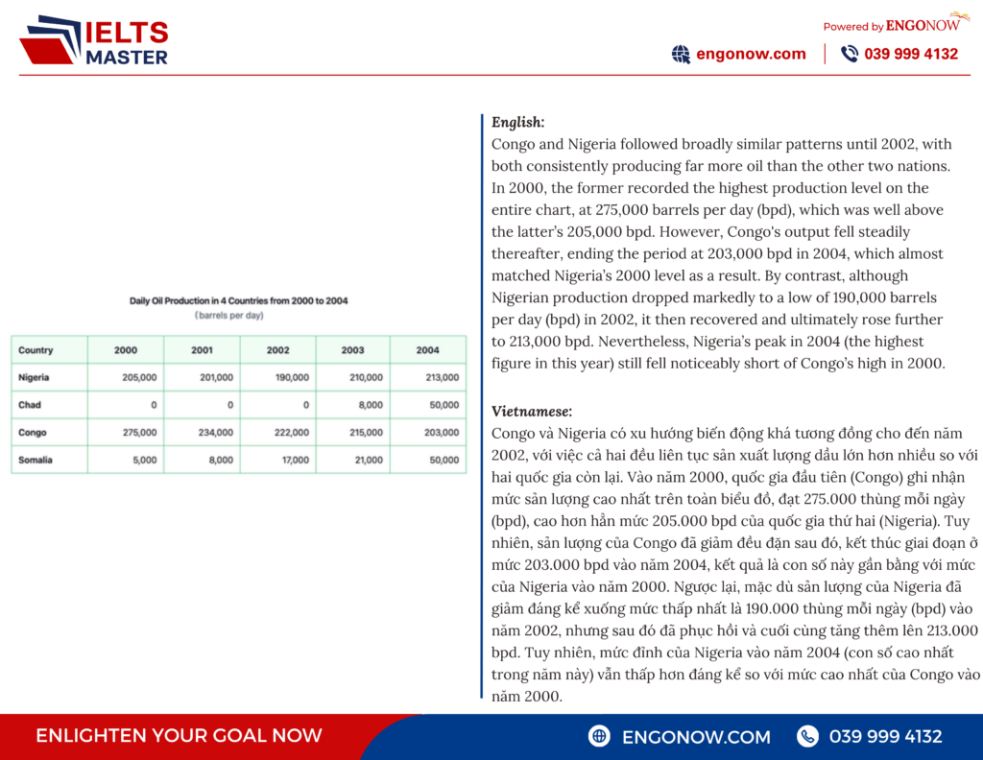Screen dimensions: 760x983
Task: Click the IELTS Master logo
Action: [x=93, y=40]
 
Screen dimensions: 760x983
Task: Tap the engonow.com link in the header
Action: [x=751, y=54]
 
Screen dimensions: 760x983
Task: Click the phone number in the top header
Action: [x=911, y=54]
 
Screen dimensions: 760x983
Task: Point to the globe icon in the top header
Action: [x=681, y=55]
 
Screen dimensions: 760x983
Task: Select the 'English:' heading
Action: [x=517, y=122]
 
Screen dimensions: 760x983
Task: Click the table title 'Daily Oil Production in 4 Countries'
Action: [x=238, y=300]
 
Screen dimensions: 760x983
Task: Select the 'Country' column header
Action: [x=36, y=350]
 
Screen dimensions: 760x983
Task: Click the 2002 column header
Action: [x=278, y=350]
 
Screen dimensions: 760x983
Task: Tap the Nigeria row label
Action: [x=34, y=378]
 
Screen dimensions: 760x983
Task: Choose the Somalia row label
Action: [x=36, y=460]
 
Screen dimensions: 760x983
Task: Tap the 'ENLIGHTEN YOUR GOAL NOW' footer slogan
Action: [x=179, y=736]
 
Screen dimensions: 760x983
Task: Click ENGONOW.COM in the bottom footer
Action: [x=696, y=737]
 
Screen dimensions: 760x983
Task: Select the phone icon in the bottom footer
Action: [x=808, y=736]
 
